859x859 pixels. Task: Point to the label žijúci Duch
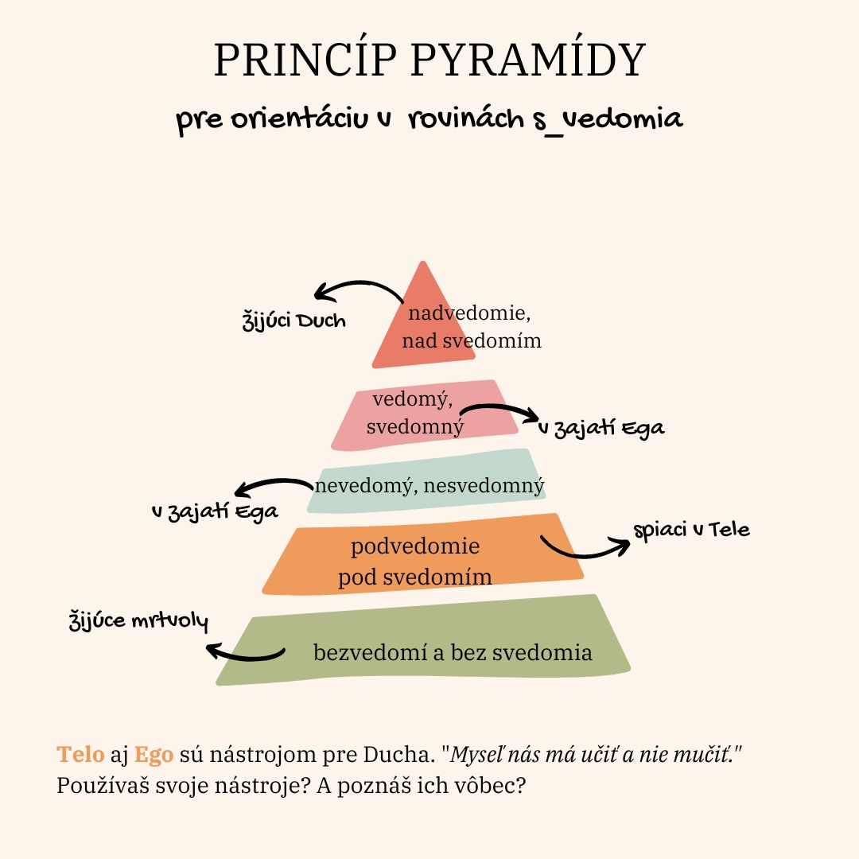pos(294,322)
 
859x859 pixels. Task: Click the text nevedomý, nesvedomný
pos(429,485)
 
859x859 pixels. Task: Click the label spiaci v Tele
pos(691,530)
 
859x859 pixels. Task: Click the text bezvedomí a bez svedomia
pos(453,653)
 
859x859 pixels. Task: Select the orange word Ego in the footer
pos(154,754)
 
